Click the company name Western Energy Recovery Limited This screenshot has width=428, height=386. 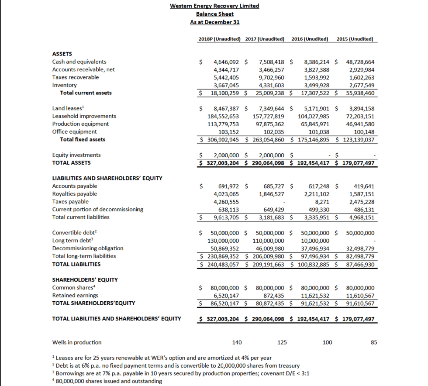click(x=214, y=6)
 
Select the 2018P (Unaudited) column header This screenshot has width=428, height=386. click(x=219, y=39)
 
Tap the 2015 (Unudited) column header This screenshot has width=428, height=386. click(x=355, y=39)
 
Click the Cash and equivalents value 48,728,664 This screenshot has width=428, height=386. click(x=360, y=62)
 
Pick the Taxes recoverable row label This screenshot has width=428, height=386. click(x=76, y=77)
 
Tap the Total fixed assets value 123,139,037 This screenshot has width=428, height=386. click(x=356, y=140)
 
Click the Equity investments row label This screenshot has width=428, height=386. click(x=76, y=155)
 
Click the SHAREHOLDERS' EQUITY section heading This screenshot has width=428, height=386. click(x=85, y=280)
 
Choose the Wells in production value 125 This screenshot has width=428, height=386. click(x=282, y=342)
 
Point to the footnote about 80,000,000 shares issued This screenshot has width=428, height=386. click(x=107, y=381)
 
